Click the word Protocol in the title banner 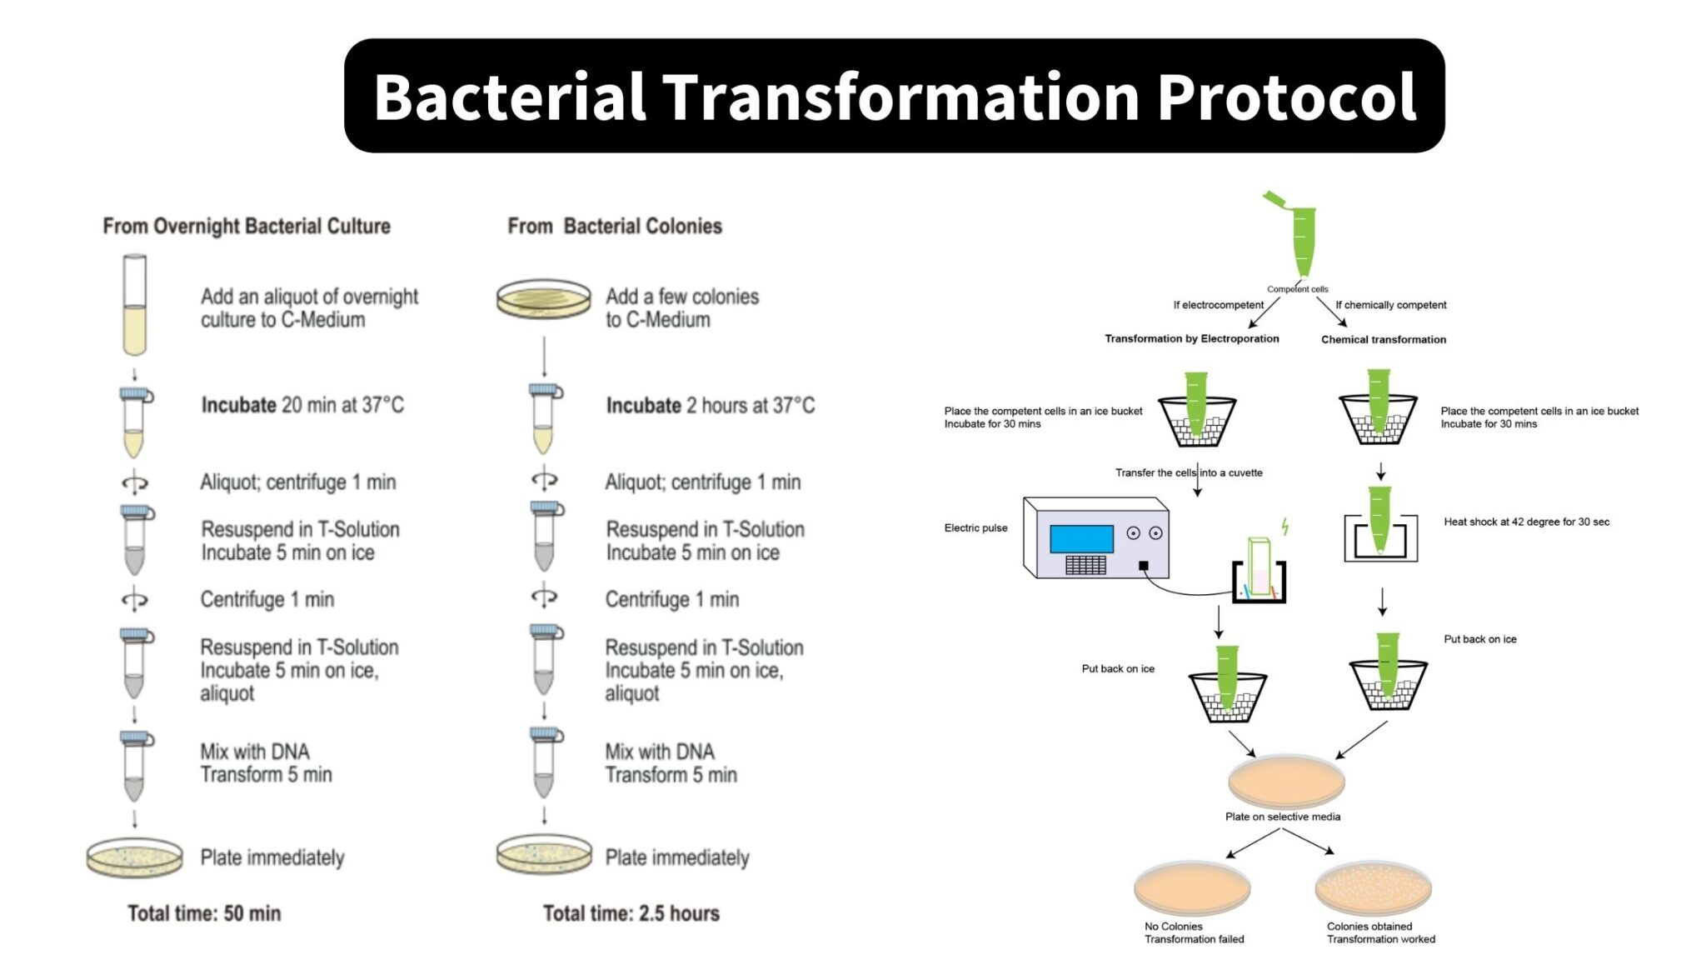1286,97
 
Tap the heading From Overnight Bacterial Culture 247,226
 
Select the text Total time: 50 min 204,913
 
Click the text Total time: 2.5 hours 631,913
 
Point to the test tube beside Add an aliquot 135,306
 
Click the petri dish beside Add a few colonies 543,299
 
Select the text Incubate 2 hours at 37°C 710,406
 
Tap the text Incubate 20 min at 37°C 302,405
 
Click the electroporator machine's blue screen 1081,538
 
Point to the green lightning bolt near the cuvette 1285,526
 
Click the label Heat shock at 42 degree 1526,522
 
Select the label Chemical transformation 1384,339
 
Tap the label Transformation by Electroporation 1191,338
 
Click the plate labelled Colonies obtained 1373,888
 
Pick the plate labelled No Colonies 1192,888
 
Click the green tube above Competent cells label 1303,240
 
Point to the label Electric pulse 975,527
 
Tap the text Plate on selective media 1283,817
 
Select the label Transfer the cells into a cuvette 1189,472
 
